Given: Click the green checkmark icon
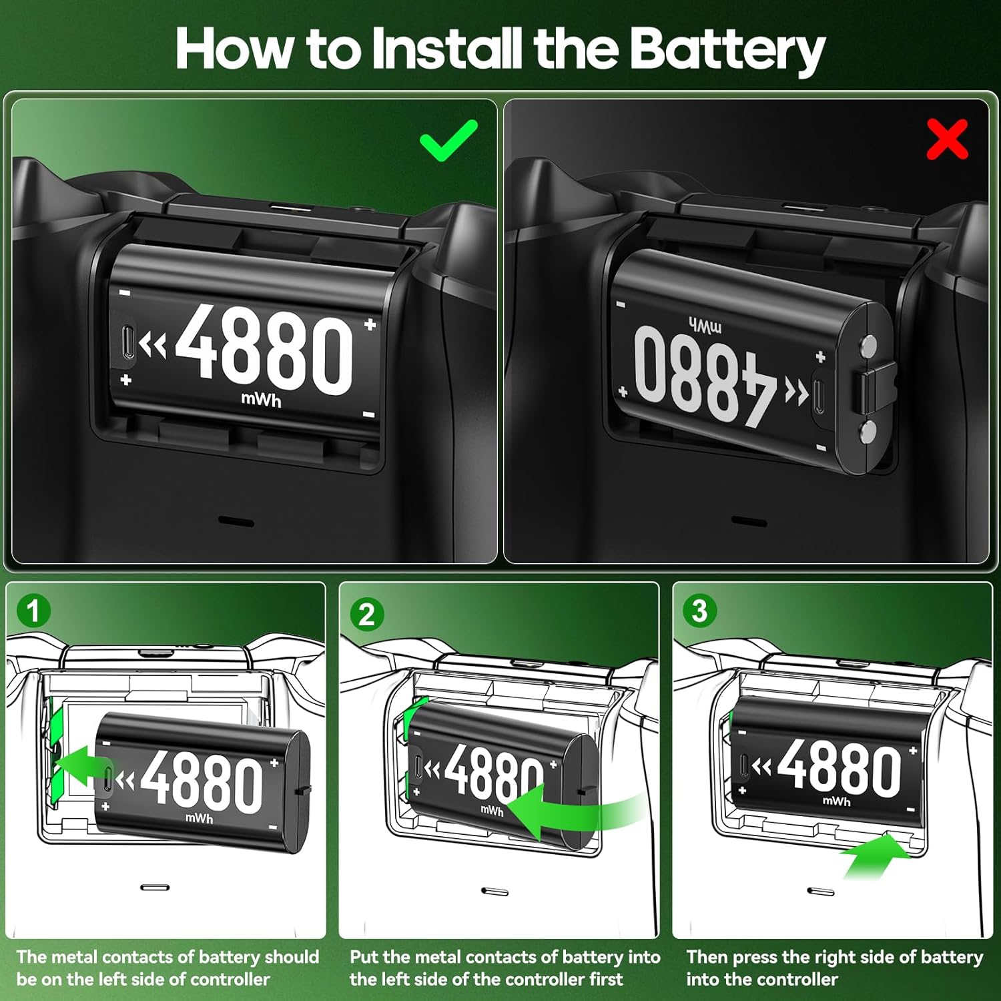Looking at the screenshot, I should tap(448, 140).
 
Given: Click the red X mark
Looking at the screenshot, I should tap(947, 139).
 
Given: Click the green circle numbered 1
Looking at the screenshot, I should tap(33, 611).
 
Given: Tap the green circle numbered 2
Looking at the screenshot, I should tap(366, 614).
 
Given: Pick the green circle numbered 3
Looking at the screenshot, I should tap(699, 611).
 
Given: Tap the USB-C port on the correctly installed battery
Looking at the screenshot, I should tap(128, 344).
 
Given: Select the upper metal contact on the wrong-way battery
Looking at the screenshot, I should tap(868, 345).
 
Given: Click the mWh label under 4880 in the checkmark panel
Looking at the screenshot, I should tap(261, 400).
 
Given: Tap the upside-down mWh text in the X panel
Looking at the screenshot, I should tap(705, 326).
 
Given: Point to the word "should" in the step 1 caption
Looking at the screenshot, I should tap(291, 957).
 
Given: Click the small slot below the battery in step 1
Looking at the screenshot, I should tap(155, 888).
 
